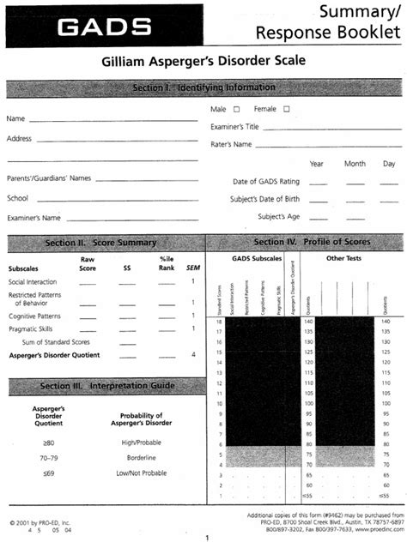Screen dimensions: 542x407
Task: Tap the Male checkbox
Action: pos(236,109)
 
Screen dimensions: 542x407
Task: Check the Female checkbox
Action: pos(286,109)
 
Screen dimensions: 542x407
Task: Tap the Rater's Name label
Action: pos(232,144)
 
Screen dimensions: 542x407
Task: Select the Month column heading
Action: pos(355,163)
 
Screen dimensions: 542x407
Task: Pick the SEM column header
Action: pos(193,267)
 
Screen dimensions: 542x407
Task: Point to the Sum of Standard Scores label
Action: pos(52,341)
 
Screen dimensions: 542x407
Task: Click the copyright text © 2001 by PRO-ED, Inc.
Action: pos(39,521)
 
